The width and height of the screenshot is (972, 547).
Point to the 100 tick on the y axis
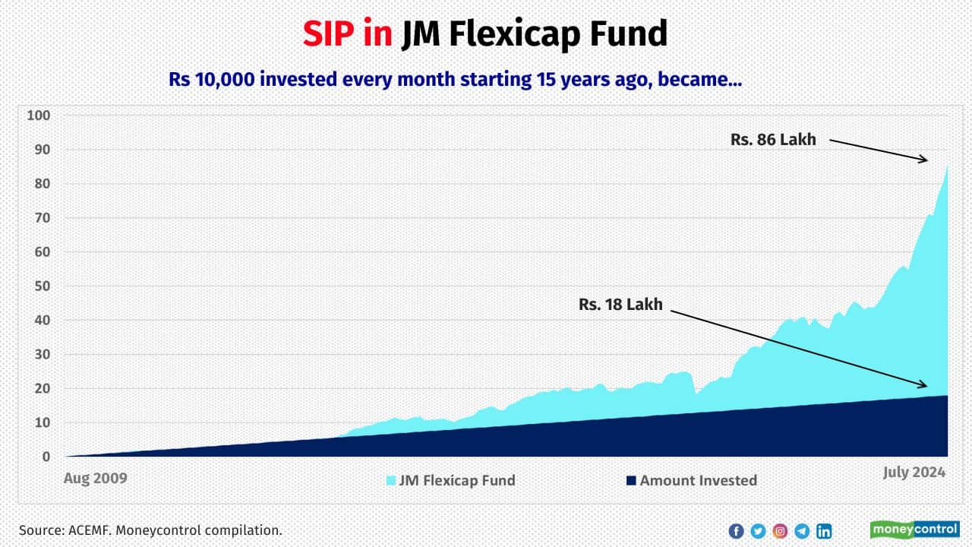[x=37, y=115]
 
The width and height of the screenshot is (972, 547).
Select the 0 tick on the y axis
[x=46, y=457]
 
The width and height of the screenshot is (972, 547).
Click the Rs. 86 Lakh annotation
[x=774, y=140]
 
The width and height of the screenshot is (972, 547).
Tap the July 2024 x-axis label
[x=914, y=473]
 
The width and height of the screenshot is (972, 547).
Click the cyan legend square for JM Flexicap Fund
[x=392, y=480]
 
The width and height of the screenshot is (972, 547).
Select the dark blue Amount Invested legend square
[x=630, y=480]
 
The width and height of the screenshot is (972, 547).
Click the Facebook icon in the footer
[x=735, y=531]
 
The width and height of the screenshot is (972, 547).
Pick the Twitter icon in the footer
[x=758, y=531]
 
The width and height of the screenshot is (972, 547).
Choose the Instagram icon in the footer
[x=780, y=531]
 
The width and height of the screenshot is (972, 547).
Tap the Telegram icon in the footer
[x=802, y=531]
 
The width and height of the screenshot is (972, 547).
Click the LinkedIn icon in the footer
[x=824, y=531]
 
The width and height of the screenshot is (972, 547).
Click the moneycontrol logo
[x=914, y=530]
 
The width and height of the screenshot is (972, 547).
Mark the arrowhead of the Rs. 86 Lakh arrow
[x=926, y=160]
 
